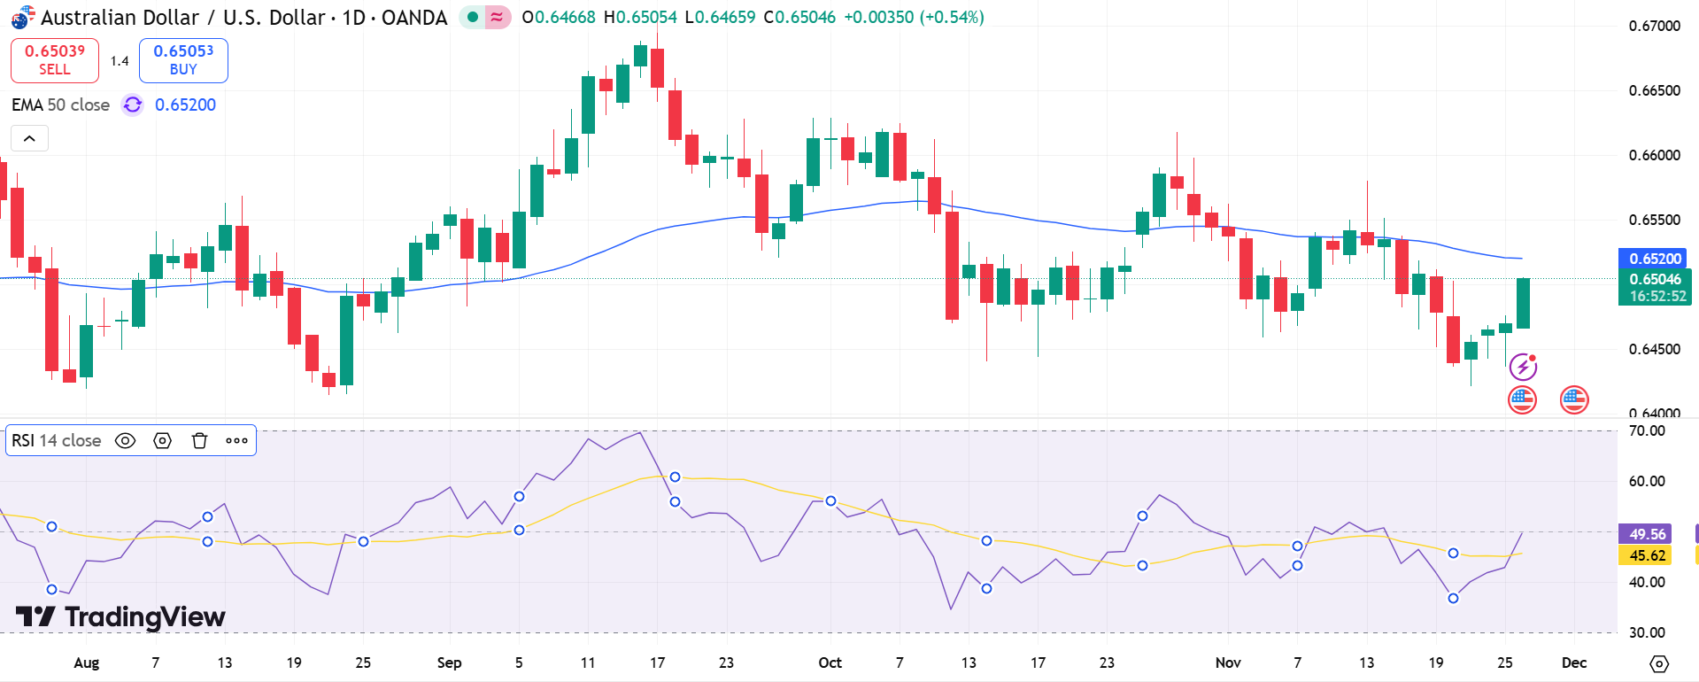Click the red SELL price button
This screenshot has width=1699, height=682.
tap(54, 60)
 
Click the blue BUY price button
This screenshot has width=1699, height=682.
tap(183, 60)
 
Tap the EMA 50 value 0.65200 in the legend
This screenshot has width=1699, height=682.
tap(185, 105)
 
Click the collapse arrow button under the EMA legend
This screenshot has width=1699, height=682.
tap(29, 138)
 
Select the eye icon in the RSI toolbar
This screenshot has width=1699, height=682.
tap(126, 440)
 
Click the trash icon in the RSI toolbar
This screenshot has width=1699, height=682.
tap(199, 440)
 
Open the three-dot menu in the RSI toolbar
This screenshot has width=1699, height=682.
tap(236, 440)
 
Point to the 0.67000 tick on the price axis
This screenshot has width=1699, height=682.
tap(1654, 26)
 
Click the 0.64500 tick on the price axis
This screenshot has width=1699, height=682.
tap(1654, 349)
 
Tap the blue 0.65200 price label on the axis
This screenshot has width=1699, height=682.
tap(1654, 259)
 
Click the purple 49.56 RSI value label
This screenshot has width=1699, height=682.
tap(1646, 534)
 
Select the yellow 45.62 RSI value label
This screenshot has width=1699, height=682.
tap(1646, 555)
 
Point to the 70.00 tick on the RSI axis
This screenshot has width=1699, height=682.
tap(1647, 430)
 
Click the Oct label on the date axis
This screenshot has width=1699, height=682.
tap(830, 663)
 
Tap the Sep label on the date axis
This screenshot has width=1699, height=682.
tap(449, 663)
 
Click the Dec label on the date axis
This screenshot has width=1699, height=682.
tap(1573, 663)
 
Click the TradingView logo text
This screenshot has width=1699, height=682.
tap(144, 616)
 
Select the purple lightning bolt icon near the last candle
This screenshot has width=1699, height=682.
tap(1523, 366)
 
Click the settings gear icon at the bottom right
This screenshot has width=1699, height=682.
tap(1659, 663)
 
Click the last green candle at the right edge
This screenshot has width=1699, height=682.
tap(1523, 303)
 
